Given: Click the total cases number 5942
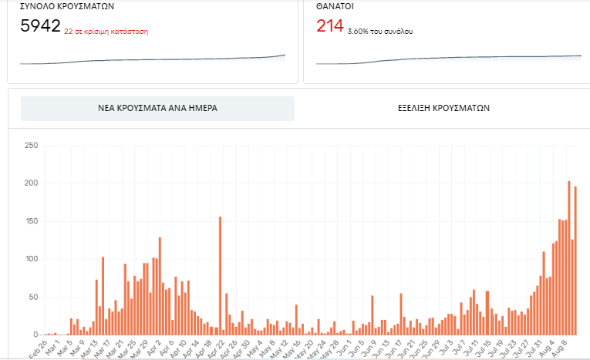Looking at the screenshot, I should click(x=40, y=26).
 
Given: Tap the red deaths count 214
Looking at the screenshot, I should click(x=329, y=26).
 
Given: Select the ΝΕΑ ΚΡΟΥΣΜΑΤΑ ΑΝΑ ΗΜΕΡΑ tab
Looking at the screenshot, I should click(x=157, y=109).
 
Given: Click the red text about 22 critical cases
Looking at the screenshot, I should click(x=106, y=32).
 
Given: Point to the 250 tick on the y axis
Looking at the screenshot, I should click(x=31, y=145).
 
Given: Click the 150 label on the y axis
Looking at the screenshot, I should click(x=31, y=220).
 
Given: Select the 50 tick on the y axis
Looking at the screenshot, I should click(x=33, y=296).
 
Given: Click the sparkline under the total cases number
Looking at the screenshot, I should click(x=152, y=59).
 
